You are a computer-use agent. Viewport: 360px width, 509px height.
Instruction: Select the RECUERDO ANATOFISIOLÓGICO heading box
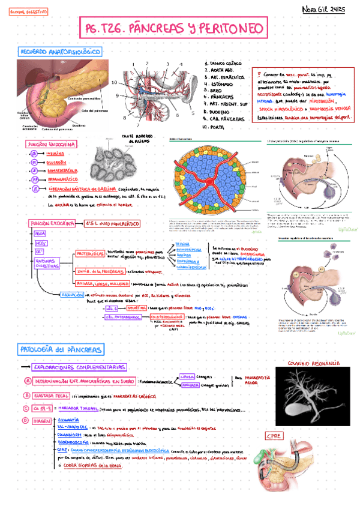tap(60, 52)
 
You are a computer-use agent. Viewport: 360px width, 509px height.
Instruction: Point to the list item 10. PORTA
tap(215, 127)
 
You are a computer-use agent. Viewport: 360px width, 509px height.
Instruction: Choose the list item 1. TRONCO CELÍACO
tap(224, 62)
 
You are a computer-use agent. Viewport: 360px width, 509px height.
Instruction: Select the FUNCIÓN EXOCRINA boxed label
tap(52, 223)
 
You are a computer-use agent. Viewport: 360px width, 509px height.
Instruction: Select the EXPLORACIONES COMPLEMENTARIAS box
tap(80, 367)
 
